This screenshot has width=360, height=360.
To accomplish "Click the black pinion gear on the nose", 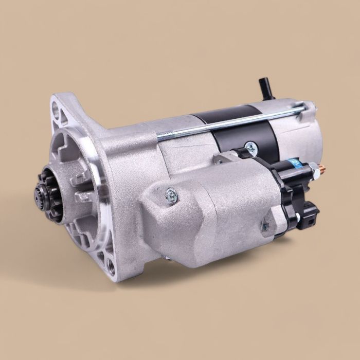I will pos(49,195).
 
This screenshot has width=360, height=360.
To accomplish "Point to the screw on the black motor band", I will pos(251,147).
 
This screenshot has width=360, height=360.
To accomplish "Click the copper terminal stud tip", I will pos(323,168).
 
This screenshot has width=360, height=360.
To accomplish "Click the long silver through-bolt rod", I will pos(231,122).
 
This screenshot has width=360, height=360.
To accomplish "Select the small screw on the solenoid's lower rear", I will pos(265,226).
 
